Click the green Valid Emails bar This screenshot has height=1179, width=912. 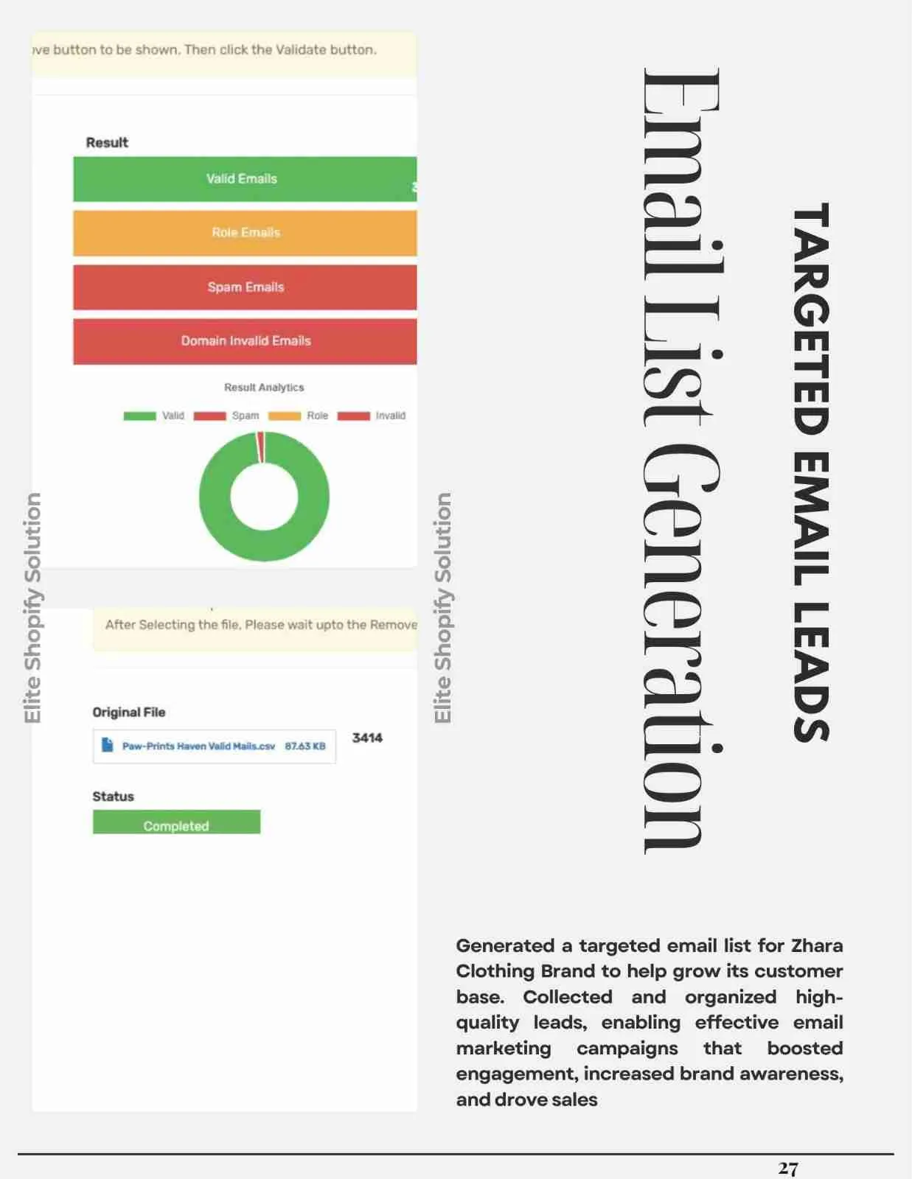pyautogui.click(x=244, y=179)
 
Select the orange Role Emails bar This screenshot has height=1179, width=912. pyautogui.click(x=245, y=233)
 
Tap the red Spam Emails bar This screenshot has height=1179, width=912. pyautogui.click(x=245, y=287)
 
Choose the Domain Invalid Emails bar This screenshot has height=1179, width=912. pyautogui.click(x=245, y=341)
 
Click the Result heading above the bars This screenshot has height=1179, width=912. pyautogui.click(x=107, y=143)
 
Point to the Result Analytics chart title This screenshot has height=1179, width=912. pyautogui.click(x=264, y=388)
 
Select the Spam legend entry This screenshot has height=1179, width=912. pyautogui.click(x=226, y=416)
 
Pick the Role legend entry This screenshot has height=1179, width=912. pyautogui.click(x=299, y=416)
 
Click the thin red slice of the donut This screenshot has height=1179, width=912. pyautogui.click(x=260, y=447)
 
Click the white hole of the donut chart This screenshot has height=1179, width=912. pyautogui.click(x=264, y=497)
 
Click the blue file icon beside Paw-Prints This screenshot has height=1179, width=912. pyautogui.click(x=107, y=745)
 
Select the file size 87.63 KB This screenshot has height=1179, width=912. pyautogui.click(x=305, y=746)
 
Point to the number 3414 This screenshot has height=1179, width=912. pyautogui.click(x=367, y=738)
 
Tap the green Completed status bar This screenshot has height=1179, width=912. pyautogui.click(x=176, y=823)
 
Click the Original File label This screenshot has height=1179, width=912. pyautogui.click(x=129, y=713)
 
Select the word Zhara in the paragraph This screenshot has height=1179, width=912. pyautogui.click(x=817, y=945)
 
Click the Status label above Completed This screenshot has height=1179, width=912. pyautogui.click(x=113, y=797)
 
